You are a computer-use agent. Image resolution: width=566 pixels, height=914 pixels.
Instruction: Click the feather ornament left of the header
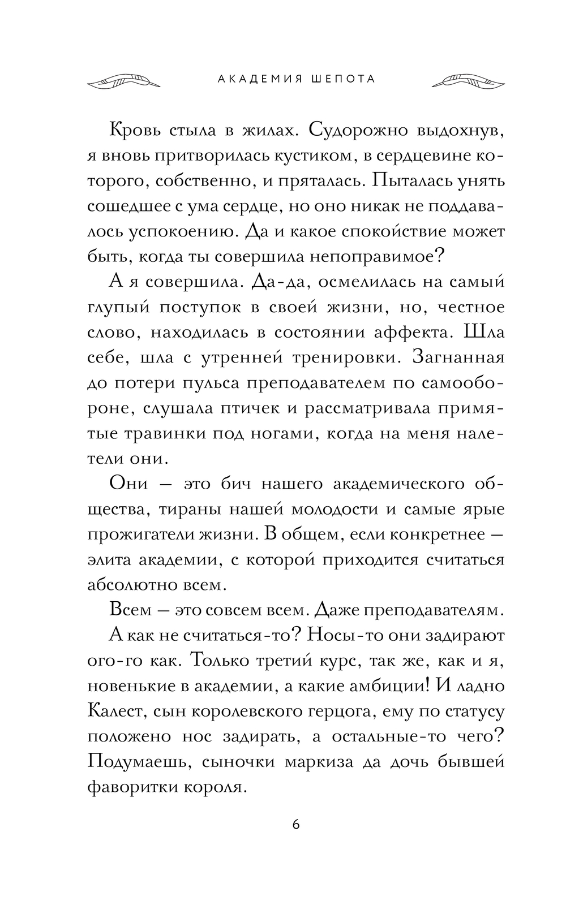123,81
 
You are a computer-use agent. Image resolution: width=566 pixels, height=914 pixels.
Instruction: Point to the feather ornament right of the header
468,81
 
